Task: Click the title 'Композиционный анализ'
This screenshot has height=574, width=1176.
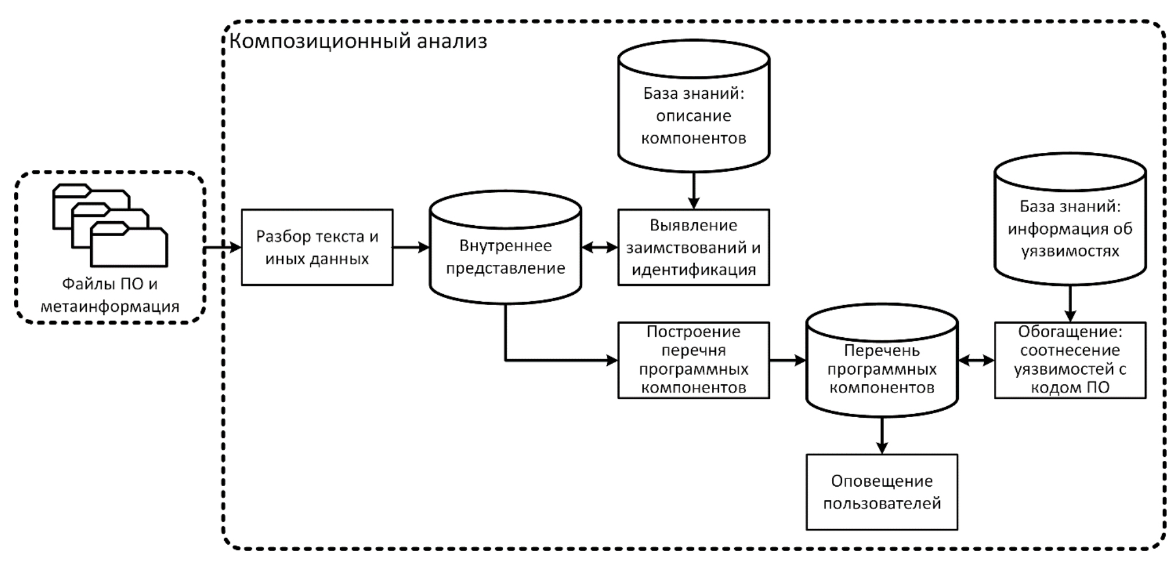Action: (x=358, y=42)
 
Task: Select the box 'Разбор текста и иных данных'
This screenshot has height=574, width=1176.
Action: (x=317, y=248)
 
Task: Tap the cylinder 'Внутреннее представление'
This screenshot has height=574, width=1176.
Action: (x=506, y=248)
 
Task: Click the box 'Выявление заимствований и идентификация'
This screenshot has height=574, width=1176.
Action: (x=693, y=248)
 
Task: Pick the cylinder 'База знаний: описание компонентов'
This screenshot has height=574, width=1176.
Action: (x=693, y=106)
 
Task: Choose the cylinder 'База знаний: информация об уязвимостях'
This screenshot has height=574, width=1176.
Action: (x=1070, y=219)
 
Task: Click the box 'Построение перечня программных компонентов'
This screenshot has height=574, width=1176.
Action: (x=693, y=360)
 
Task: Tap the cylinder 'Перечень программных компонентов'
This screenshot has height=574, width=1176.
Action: (x=882, y=360)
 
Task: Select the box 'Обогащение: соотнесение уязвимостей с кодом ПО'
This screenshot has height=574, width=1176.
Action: (x=1070, y=360)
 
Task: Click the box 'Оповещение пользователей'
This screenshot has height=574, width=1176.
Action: (x=882, y=492)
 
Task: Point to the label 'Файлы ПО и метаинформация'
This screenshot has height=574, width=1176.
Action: (x=110, y=295)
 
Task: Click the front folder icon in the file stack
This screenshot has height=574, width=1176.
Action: (x=129, y=244)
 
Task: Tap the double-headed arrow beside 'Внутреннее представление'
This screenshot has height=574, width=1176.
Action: (x=600, y=248)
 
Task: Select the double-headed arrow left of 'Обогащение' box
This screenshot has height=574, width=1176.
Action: (x=976, y=360)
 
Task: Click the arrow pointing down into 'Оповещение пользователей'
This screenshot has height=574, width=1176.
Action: (x=882, y=436)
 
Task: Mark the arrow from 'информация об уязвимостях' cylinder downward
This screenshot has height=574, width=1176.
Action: (x=1070, y=303)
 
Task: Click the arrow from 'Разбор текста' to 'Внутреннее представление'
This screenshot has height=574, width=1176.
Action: (x=411, y=248)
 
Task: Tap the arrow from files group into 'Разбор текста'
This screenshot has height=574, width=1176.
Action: (x=223, y=248)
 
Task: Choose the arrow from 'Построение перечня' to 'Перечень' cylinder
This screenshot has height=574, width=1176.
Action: (x=788, y=360)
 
